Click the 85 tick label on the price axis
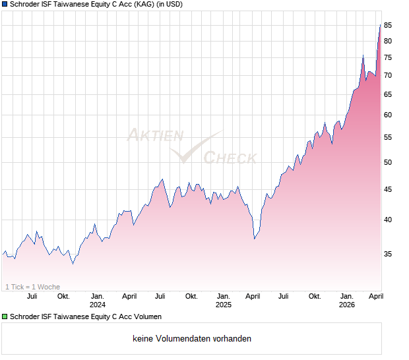click(389, 25)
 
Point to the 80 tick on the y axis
click(389, 41)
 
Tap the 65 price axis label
click(389, 94)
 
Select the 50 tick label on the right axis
click(389, 162)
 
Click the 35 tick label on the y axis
click(389, 254)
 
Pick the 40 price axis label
click(389, 220)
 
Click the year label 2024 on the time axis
click(98, 305)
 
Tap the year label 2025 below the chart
click(223, 305)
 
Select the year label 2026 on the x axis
click(347, 305)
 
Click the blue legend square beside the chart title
click(5, 5)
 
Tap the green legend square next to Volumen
click(5, 317)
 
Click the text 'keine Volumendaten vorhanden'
click(191, 339)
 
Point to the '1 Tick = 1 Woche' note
click(33, 287)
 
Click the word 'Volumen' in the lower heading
click(147, 317)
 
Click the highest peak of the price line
click(380, 24)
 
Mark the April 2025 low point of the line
click(255, 238)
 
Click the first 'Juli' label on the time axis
click(32, 296)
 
